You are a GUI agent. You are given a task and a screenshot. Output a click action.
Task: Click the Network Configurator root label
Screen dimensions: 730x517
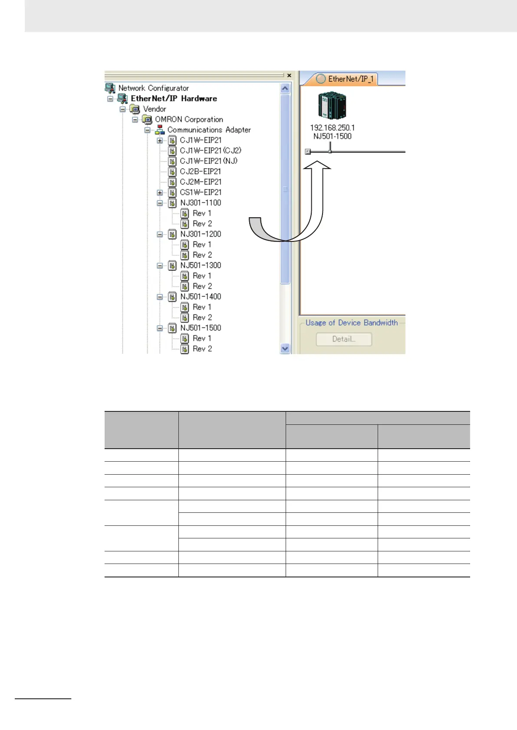pos(153,88)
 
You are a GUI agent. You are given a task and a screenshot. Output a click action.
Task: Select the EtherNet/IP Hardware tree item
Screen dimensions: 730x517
pos(174,98)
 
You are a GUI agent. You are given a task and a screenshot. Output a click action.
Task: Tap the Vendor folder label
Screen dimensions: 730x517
pos(154,109)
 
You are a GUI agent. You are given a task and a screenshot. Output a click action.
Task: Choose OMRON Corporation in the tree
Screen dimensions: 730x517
pos(189,119)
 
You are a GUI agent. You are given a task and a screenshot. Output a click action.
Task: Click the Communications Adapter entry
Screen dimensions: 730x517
pos(209,130)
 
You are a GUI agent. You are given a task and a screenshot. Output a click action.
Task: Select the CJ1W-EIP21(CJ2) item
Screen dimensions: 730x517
pos(211,150)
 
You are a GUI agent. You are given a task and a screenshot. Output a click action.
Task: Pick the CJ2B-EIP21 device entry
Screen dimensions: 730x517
pos(200,171)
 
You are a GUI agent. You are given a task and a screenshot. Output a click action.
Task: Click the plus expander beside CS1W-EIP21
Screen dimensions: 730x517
pos(160,192)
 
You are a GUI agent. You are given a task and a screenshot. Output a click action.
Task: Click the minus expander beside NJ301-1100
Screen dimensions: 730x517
pos(160,203)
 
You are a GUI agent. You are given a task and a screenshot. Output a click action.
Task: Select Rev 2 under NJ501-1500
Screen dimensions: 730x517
pos(202,349)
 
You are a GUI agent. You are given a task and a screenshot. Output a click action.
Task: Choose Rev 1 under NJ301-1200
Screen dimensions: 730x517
pos(202,244)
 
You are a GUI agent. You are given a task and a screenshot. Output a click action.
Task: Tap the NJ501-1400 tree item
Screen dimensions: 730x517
pos(201,297)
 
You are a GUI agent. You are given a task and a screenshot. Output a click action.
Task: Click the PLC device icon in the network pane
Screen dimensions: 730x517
pos(332,105)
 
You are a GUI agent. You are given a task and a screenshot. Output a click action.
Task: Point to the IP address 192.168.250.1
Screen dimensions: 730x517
pos(332,127)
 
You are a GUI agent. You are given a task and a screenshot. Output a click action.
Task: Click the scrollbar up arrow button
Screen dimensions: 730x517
pos(285,88)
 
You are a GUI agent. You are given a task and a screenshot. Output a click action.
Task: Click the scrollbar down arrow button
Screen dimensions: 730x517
pos(285,348)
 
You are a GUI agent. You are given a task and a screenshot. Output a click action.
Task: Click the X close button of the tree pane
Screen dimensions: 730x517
pos(289,75)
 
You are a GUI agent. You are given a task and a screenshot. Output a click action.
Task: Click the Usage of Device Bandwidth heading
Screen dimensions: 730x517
pos(351,323)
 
